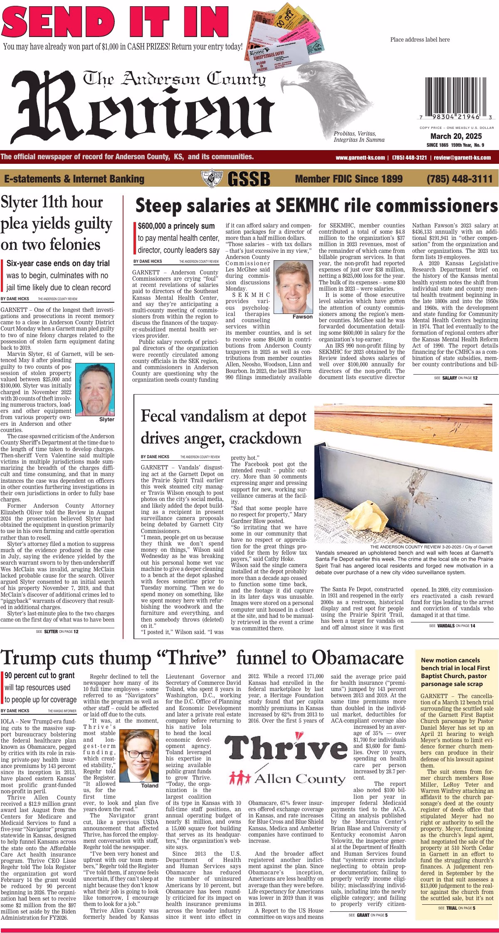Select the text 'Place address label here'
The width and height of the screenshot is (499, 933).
pyautogui.click(x=420, y=39)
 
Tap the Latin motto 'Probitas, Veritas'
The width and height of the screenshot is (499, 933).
pyautogui.click(x=355, y=133)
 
